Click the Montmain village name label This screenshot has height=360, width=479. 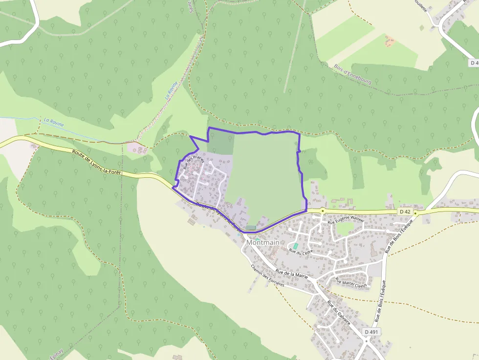[263, 242]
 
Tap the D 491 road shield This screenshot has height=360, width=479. [370, 332]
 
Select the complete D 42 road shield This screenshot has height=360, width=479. [405, 212]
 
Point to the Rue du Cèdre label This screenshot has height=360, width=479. [301, 252]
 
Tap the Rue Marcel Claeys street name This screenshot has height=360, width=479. [350, 283]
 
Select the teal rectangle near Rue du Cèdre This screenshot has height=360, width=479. [295, 246]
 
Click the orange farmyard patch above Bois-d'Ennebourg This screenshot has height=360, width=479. [390, 41]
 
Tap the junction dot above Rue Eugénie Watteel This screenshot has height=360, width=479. [323, 211]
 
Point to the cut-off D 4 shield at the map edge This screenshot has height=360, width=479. [474, 63]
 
